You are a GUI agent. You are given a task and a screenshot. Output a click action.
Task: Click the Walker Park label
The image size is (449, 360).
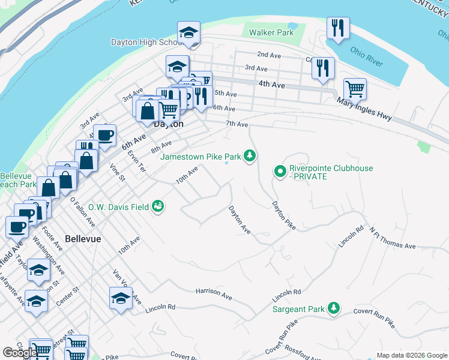tap(271, 32)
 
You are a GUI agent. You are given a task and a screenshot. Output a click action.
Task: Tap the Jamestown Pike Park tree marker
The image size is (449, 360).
tap(250, 157)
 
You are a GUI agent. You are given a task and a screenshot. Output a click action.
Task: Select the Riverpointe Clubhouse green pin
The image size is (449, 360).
tap(280, 172)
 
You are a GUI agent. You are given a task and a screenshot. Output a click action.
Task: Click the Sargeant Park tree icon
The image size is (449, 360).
tap(333, 309)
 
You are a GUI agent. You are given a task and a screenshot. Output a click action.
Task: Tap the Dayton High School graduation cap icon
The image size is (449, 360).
tap(188, 34)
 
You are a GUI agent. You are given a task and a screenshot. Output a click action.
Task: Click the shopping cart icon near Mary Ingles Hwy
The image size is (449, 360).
tap(355, 89)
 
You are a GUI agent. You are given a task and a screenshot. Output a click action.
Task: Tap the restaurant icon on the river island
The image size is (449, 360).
tap(338, 28)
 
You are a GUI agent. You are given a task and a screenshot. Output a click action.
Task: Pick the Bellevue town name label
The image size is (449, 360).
tap(83, 238)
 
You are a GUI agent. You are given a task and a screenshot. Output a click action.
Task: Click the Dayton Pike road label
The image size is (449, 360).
tap(284, 214)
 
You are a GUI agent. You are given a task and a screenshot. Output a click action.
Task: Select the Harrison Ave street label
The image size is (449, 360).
tap(214, 293)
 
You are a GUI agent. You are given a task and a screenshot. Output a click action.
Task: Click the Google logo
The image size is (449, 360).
tap(19, 353)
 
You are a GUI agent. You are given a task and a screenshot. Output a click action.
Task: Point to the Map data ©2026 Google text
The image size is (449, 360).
tap(411, 355)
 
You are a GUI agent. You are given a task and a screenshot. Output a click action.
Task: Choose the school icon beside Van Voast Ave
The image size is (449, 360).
tap(121, 299)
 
